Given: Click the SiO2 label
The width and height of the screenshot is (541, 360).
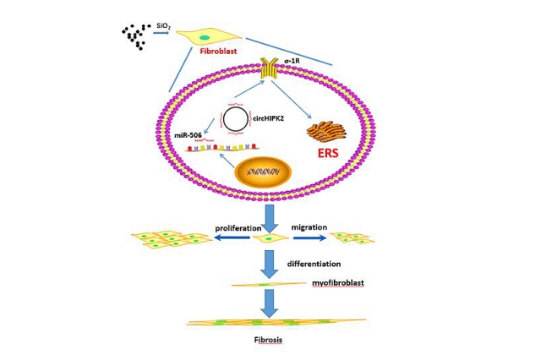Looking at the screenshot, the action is pos(163,26).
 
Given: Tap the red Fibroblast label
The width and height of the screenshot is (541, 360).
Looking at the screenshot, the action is pos(219,51).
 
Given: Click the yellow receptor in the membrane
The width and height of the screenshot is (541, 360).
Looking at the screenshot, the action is pos(269,68).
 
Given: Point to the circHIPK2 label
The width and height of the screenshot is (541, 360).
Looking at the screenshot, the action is pos(268,119).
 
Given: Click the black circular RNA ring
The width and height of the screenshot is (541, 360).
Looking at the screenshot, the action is pos(223,119).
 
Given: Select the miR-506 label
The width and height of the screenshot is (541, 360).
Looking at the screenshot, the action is pos(188,135).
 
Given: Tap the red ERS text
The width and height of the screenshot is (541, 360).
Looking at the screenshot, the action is pos(328,153).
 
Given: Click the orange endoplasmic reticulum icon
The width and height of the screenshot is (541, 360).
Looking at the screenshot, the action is pos(327,132).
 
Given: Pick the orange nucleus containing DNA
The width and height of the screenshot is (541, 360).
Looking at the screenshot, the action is pos(263,172).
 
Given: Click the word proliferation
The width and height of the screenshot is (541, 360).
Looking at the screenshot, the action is pos(238,228).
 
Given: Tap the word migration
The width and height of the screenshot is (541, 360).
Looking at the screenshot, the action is pos(309,227).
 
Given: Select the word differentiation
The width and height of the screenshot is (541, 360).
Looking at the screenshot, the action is pos(314,264).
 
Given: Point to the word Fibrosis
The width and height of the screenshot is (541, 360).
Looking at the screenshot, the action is pos(268,340).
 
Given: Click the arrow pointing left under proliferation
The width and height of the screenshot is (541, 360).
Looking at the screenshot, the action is pos(232,237).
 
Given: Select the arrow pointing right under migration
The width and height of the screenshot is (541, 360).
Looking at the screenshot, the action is pos(309,237).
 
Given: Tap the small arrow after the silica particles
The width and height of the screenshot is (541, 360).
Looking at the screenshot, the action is pos(161,33).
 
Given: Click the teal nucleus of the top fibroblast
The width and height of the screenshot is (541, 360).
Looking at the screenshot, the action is pos(205,37).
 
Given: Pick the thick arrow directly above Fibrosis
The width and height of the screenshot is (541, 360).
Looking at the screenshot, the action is pos(269,303).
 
